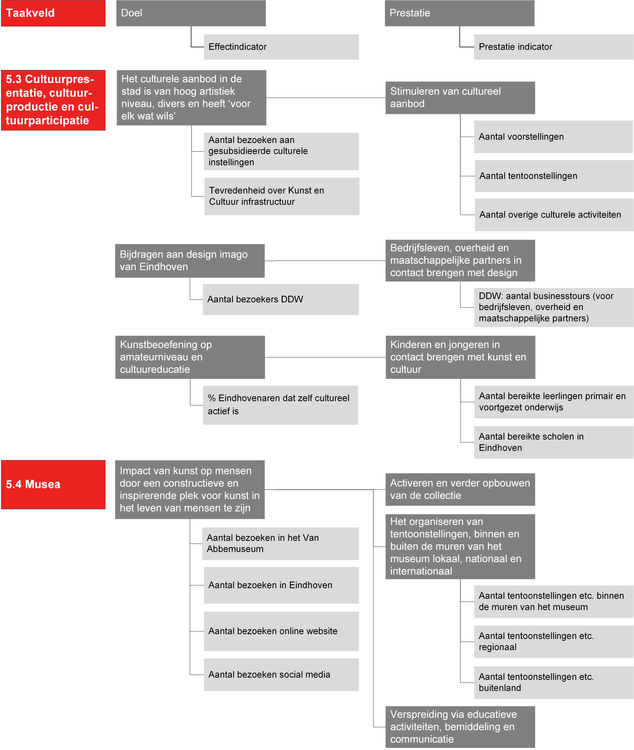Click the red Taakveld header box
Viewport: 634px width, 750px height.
click(53, 13)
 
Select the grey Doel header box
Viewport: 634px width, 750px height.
click(191, 13)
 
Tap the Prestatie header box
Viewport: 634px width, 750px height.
click(459, 13)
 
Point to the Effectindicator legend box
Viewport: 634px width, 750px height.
click(281, 47)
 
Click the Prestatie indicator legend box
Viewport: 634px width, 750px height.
click(553, 47)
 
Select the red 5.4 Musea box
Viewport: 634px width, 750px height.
click(53, 484)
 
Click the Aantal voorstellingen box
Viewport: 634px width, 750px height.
click(553, 137)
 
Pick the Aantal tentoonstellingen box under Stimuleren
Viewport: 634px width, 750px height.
click(554, 176)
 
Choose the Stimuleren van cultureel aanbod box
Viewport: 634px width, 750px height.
click(460, 98)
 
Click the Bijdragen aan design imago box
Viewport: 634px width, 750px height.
click(190, 261)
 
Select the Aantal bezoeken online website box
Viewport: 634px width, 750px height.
click(281, 631)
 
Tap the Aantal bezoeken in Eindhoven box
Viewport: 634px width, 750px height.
click(281, 585)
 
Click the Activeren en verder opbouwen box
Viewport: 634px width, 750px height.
click(460, 489)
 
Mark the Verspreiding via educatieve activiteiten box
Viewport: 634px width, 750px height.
click(460, 727)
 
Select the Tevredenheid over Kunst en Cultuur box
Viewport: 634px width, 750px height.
click(282, 197)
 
